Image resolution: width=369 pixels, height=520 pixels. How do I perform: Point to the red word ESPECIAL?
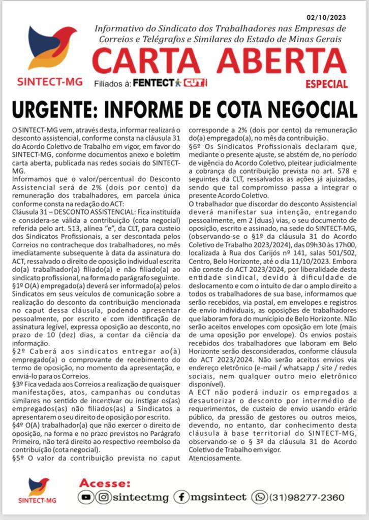pos(326,84)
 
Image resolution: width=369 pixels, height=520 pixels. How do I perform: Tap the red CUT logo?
pos(195,82)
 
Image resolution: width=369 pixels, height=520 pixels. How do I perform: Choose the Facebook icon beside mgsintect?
pos(181,497)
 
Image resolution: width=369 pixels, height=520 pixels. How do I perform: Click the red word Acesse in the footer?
pos(105,483)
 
